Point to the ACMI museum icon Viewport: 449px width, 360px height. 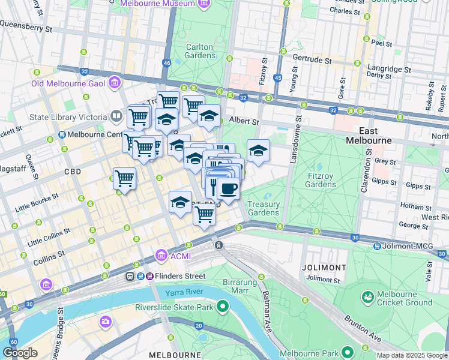(161, 256)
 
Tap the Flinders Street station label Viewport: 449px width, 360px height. (178, 276)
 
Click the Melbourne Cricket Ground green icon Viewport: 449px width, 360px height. (368, 296)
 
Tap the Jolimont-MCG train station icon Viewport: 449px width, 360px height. (377, 246)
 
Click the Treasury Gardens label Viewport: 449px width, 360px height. (264, 208)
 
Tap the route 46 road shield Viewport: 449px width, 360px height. (166, 62)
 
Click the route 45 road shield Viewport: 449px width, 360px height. (277, 78)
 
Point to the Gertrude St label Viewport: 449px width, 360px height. (312, 61)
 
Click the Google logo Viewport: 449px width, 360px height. (20, 353)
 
